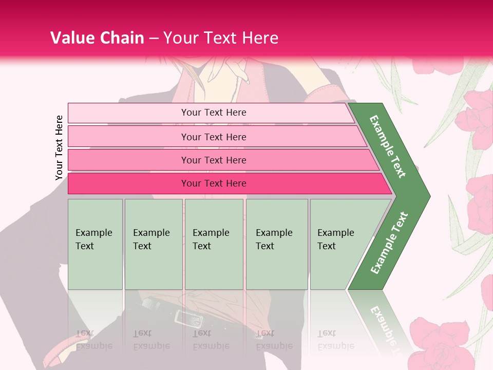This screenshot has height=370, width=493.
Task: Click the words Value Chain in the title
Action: click(x=97, y=38)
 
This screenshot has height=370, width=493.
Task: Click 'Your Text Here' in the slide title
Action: click(x=221, y=38)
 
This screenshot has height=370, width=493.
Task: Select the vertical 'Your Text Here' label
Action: click(x=60, y=147)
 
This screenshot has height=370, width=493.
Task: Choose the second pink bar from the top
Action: click(x=214, y=137)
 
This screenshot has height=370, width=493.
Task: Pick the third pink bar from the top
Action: click(x=214, y=160)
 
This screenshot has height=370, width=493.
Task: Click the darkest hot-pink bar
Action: click(x=214, y=183)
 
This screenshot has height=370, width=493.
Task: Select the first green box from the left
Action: click(x=95, y=244)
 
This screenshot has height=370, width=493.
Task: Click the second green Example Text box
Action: click(x=154, y=244)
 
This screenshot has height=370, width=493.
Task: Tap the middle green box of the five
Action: click(x=214, y=244)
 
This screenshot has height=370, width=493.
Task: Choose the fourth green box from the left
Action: click(x=277, y=244)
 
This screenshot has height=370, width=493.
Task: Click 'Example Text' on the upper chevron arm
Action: click(x=388, y=146)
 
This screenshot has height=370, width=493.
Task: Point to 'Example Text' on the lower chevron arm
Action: click(x=389, y=243)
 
